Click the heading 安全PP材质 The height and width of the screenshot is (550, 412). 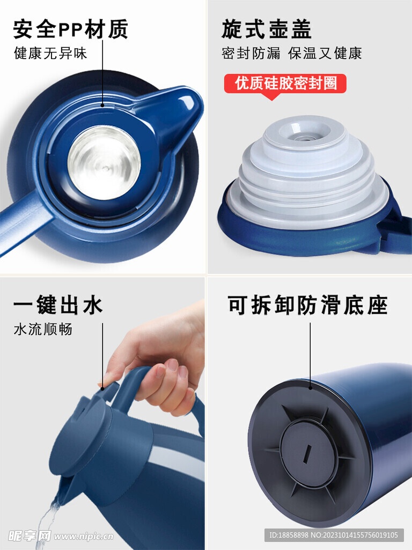click(x=70, y=29)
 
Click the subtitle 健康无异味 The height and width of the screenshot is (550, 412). click(x=50, y=54)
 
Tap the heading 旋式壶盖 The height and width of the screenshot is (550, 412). click(x=266, y=29)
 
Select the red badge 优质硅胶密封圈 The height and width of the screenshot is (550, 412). click(x=284, y=84)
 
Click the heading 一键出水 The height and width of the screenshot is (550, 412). click(x=58, y=306)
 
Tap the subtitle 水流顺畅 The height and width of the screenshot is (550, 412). click(x=43, y=329)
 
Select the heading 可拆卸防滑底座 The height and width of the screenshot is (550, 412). click(x=307, y=306)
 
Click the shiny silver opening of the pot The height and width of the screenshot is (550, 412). click(x=104, y=161)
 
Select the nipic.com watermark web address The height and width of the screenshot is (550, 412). click(x=83, y=536)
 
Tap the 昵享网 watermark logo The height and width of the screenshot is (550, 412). click(x=29, y=535)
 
